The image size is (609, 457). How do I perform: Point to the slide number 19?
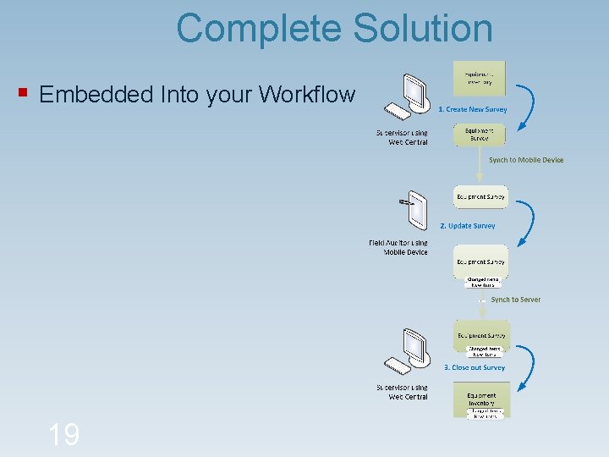(x=63, y=435)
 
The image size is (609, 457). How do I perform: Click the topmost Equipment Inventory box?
(x=480, y=77)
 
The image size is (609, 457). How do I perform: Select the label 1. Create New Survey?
(x=473, y=109)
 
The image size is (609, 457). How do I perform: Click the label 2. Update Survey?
(x=468, y=226)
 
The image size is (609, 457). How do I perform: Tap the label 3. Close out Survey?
(x=475, y=367)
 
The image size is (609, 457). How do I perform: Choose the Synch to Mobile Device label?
(x=526, y=160)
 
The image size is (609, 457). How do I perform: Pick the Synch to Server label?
(x=515, y=300)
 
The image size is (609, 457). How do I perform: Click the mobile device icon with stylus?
(x=414, y=209)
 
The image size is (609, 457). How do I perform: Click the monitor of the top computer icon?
(x=415, y=89)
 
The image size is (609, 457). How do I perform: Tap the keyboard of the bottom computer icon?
(x=398, y=366)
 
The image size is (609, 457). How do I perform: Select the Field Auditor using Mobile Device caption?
(x=398, y=247)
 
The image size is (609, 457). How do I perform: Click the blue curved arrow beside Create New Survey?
(x=529, y=106)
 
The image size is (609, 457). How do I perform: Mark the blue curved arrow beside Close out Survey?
(x=528, y=366)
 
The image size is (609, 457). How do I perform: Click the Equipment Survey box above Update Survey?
(x=480, y=197)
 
